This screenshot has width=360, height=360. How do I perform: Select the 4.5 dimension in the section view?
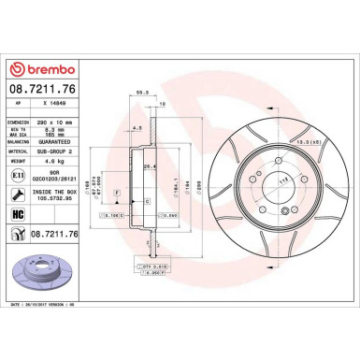[x=137, y=127]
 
